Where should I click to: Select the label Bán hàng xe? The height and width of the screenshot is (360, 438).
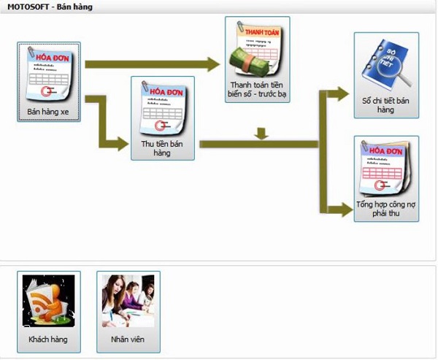point(48,112)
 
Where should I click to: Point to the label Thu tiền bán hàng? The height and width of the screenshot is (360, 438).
point(162,148)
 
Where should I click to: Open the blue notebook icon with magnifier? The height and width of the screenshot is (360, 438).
point(386,64)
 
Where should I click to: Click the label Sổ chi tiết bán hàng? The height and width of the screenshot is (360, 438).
point(386,104)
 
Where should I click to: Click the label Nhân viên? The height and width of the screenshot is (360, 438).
point(128,340)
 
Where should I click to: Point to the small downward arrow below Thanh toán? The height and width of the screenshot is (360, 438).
point(262,134)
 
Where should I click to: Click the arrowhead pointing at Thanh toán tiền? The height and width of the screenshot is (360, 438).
point(213,64)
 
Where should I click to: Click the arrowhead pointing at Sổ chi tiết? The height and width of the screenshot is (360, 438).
point(342,93)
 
